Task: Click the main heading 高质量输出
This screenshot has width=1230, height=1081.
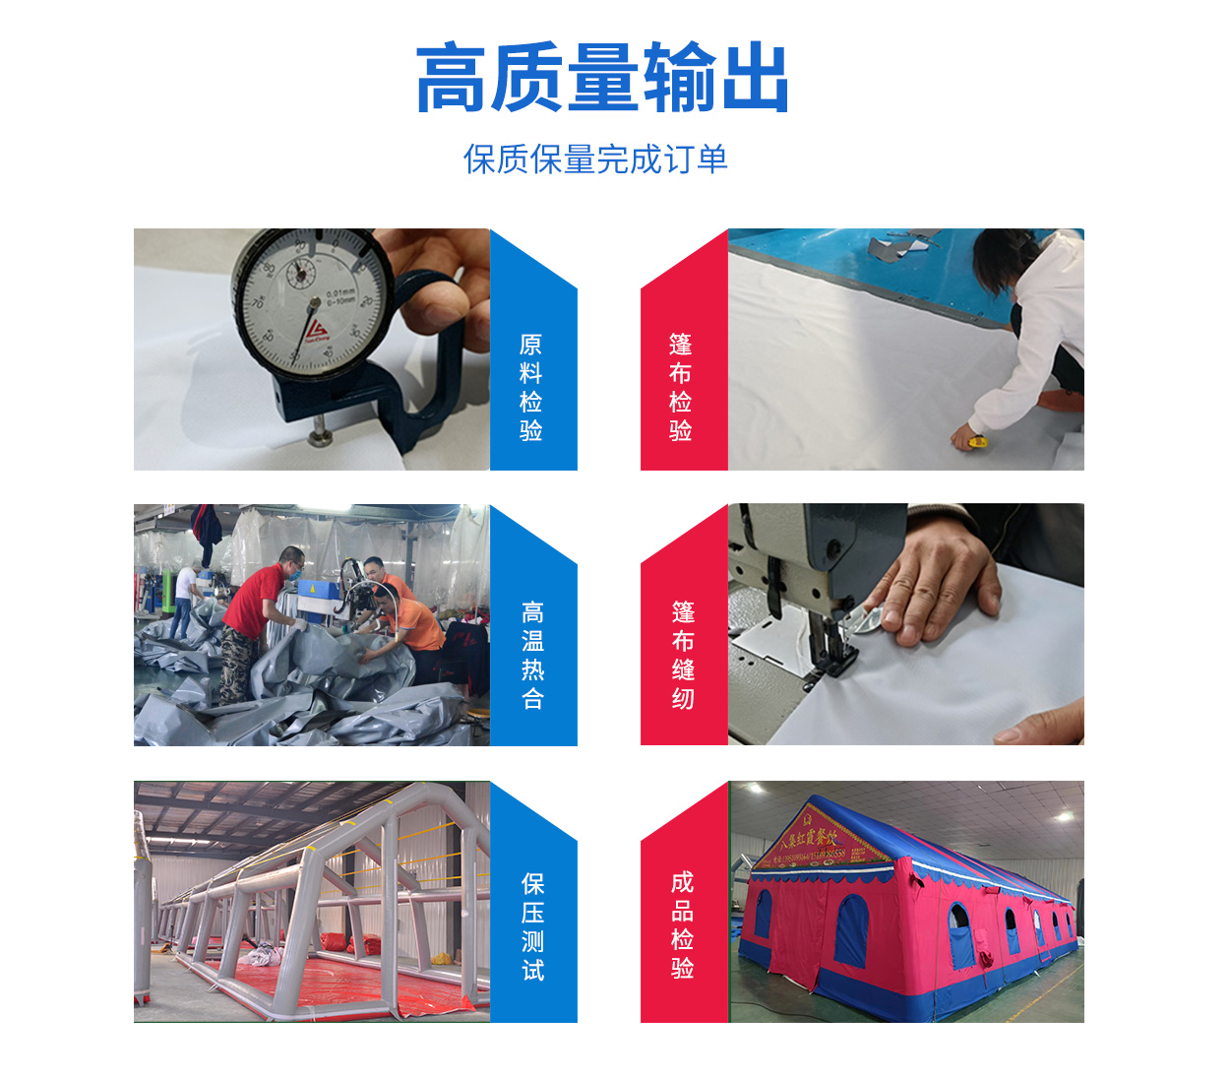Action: coord(602,79)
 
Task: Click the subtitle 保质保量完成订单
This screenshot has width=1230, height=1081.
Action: coord(595,159)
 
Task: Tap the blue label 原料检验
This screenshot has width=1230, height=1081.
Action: coord(531,387)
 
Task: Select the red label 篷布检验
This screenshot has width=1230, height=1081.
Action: coord(681,387)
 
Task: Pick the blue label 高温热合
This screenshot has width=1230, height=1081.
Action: coord(532,655)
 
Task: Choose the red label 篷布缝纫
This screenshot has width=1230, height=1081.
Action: coord(683,655)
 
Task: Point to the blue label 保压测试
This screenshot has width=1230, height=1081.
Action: coord(532,926)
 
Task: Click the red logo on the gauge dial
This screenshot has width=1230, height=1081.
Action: coord(317,330)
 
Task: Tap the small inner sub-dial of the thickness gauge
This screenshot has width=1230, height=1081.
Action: coord(297,272)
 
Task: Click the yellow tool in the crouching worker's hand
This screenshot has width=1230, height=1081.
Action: coord(976,442)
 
